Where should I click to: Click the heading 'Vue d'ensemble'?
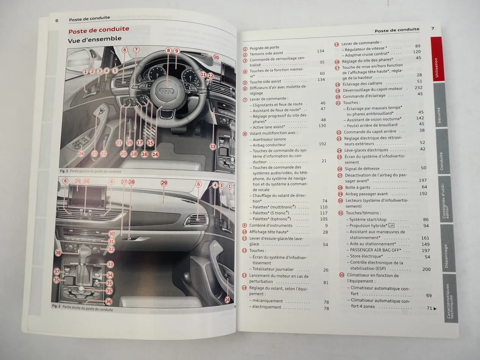[x=94, y=39]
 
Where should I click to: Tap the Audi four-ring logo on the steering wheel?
[x=165, y=91]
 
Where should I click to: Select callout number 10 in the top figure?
[x=216, y=57]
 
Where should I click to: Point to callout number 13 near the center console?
[x=213, y=147]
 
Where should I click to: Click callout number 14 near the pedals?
[x=155, y=154]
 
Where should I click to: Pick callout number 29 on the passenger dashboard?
[x=164, y=183]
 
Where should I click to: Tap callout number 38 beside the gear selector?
[x=58, y=253]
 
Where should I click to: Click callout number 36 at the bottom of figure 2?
[x=108, y=301]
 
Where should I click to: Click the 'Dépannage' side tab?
[x=446, y=256]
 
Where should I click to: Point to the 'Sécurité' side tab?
[x=439, y=115]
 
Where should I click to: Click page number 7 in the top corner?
[x=432, y=28]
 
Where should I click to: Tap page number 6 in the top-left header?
[x=57, y=21]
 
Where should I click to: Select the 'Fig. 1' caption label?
[x=64, y=171]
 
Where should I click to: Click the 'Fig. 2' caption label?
[x=56, y=306]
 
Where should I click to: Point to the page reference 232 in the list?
[x=418, y=87]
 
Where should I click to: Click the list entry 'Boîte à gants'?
[x=357, y=187]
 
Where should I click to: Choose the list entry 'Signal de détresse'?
[x=362, y=169]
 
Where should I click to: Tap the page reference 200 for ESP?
[x=426, y=269]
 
